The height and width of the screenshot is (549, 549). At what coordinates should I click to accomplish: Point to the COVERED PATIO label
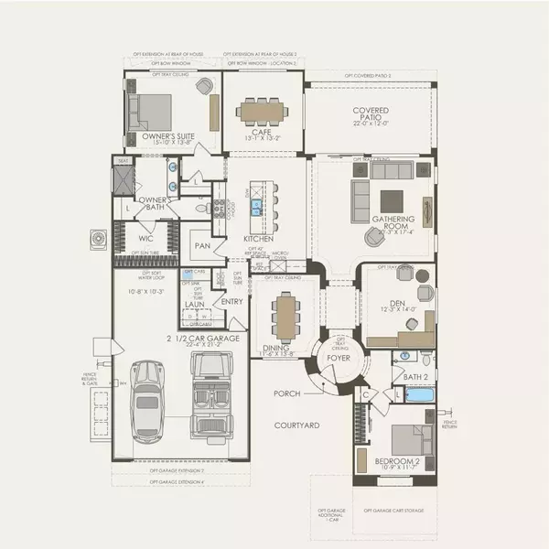[x=371, y=115]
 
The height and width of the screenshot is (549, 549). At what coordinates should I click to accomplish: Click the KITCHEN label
[x=258, y=239]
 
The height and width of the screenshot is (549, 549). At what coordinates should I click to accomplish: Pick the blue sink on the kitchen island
[x=257, y=205]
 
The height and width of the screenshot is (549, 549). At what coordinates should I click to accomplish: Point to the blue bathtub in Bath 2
[x=421, y=394]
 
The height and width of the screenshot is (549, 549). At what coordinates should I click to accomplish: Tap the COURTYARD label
[x=296, y=425]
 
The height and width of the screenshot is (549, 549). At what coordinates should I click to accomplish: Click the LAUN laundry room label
[x=194, y=305]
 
